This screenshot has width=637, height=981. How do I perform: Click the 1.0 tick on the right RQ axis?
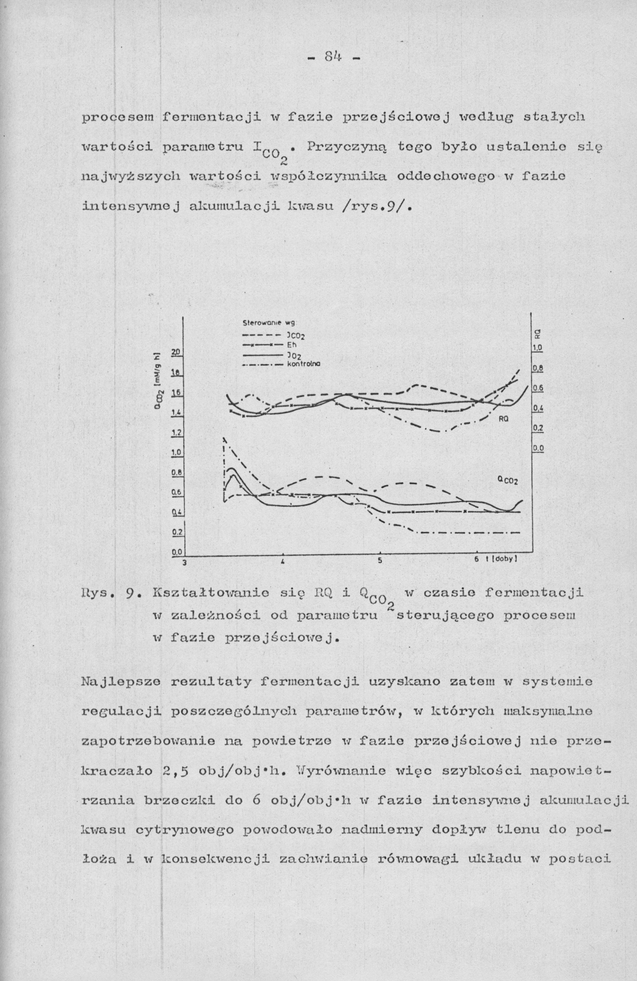[537, 348]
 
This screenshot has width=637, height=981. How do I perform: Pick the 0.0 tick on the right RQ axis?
[537, 449]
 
